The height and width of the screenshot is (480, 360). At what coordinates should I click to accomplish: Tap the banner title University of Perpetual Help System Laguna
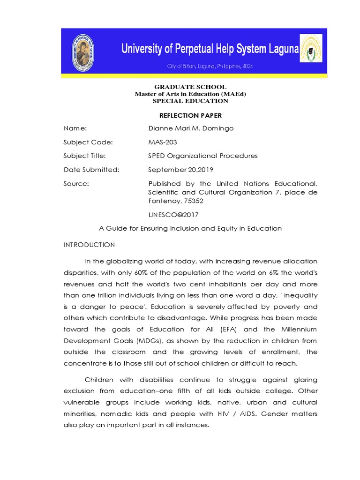(x=210, y=48)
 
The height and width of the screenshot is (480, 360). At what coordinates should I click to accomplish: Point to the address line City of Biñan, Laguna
(x=210, y=67)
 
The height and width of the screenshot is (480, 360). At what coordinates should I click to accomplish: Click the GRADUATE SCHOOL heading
(x=190, y=87)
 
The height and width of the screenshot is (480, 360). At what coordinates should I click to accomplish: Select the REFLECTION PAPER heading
(x=190, y=115)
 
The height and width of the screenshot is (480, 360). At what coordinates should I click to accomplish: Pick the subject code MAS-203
(x=163, y=142)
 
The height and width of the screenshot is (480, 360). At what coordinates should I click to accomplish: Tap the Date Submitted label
(x=91, y=170)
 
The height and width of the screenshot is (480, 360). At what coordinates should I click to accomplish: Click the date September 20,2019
(x=176, y=170)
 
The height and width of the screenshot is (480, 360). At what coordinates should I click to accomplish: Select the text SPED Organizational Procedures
(x=203, y=156)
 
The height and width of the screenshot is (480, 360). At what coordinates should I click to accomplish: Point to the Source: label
(x=76, y=184)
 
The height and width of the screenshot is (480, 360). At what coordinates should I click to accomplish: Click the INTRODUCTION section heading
(x=89, y=245)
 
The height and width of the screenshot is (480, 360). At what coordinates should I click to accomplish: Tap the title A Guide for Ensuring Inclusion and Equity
(x=190, y=229)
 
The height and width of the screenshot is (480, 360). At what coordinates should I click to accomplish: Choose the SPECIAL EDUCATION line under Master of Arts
(x=190, y=101)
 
